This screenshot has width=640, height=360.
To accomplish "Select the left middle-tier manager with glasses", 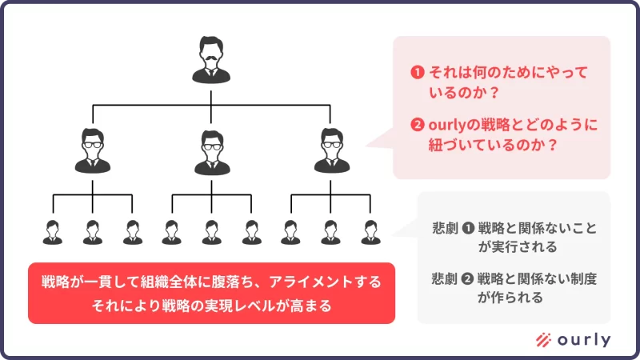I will pyautogui.click(x=93, y=150).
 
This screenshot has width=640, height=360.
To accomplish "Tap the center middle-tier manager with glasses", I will pyautogui.click(x=211, y=150).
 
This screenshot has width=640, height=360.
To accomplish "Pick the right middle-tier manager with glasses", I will pyautogui.click(x=330, y=150).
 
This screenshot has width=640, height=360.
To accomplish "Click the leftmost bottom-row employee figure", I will pyautogui.click(x=53, y=230).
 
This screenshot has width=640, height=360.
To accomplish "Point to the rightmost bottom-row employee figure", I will pyautogui.click(x=370, y=230).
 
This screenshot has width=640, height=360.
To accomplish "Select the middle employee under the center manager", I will pyautogui.click(x=211, y=230).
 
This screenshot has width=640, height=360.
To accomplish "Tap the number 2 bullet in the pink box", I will pyautogui.click(x=416, y=126).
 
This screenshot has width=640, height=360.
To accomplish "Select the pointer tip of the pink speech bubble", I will pyautogui.click(x=368, y=145).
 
